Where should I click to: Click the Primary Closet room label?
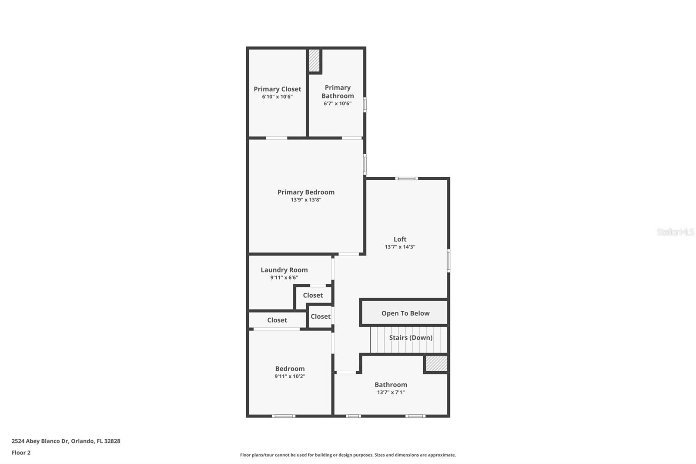[277, 89]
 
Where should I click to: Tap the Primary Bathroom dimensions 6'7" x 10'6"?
[337, 104]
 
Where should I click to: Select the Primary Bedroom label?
[306, 192]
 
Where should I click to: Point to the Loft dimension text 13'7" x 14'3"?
[400, 247]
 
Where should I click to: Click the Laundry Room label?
[284, 270]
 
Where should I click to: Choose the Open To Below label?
[405, 313]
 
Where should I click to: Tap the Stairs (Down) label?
[410, 338]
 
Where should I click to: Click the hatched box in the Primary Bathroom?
[314, 61]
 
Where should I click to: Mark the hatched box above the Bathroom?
[436, 363]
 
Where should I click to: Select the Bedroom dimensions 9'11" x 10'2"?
[290, 377]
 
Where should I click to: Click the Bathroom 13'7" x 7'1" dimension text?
[391, 392]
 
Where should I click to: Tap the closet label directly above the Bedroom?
[277, 320]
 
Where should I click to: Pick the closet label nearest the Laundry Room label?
[313, 296]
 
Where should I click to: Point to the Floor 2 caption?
[21, 453]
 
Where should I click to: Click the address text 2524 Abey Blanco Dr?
[66, 441]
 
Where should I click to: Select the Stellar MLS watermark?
[676, 232]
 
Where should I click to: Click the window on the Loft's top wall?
[406, 178]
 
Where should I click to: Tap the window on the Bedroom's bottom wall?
[284, 416]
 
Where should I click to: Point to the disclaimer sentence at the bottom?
[348, 455]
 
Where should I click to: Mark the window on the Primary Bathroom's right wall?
[365, 104]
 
